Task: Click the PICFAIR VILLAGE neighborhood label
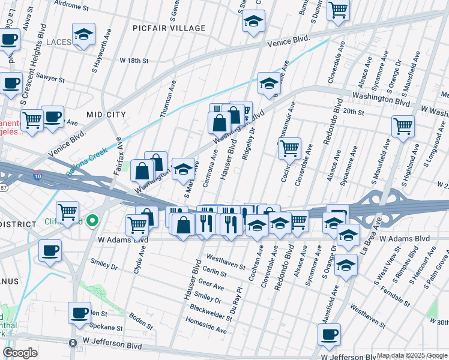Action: pos(170,28)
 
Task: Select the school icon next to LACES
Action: pos(84,35)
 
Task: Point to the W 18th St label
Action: pos(134,61)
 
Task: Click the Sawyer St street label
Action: pos(50,78)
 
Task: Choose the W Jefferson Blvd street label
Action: pos(112,346)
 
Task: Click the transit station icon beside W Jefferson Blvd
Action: pos(73,343)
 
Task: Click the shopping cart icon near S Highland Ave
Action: pos(403,127)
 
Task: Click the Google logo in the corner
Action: pos(20,353)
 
